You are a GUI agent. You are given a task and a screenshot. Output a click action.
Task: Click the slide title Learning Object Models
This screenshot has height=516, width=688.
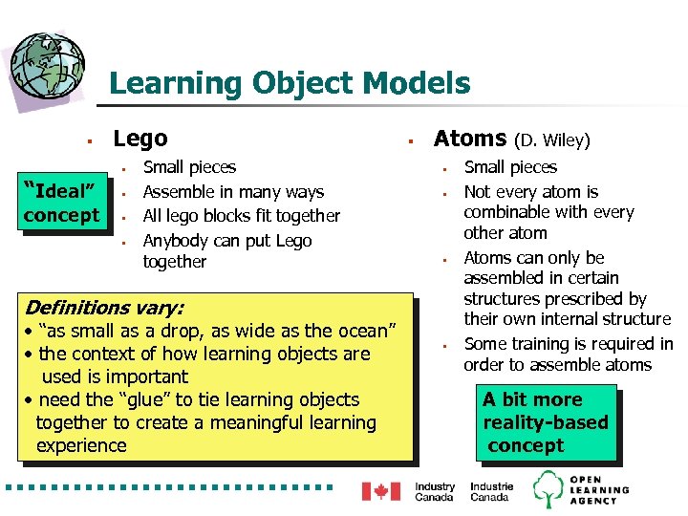(290, 83)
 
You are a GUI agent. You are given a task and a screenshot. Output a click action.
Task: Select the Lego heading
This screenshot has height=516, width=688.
(140, 140)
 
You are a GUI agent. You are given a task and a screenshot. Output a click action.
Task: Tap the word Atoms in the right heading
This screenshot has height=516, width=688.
(470, 140)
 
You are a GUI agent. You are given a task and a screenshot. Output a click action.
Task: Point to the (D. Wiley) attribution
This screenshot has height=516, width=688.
(552, 141)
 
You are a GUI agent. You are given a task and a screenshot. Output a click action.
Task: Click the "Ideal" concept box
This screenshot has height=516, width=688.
(61, 202)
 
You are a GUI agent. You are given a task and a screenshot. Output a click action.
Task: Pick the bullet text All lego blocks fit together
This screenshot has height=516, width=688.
(241, 216)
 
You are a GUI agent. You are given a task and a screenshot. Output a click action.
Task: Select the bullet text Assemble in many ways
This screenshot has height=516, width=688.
(233, 192)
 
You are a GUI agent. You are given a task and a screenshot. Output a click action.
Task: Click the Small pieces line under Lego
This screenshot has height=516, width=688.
(189, 168)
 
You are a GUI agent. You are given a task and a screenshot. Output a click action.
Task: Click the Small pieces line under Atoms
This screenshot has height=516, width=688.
(510, 168)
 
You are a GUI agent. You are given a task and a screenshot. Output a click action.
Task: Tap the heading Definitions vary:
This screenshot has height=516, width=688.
(104, 308)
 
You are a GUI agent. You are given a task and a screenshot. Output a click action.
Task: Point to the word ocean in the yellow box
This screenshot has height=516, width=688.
(355, 331)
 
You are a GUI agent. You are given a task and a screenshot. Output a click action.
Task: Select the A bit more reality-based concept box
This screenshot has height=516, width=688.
(545, 422)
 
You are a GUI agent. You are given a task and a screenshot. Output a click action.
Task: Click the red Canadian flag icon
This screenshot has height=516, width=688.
(380, 491)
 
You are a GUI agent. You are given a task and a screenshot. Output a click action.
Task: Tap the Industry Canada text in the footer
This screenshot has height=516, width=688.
(435, 491)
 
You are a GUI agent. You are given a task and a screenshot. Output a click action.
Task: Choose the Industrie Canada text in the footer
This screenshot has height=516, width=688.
(491, 491)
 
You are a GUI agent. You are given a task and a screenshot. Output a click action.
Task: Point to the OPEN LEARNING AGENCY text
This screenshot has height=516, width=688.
(599, 489)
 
